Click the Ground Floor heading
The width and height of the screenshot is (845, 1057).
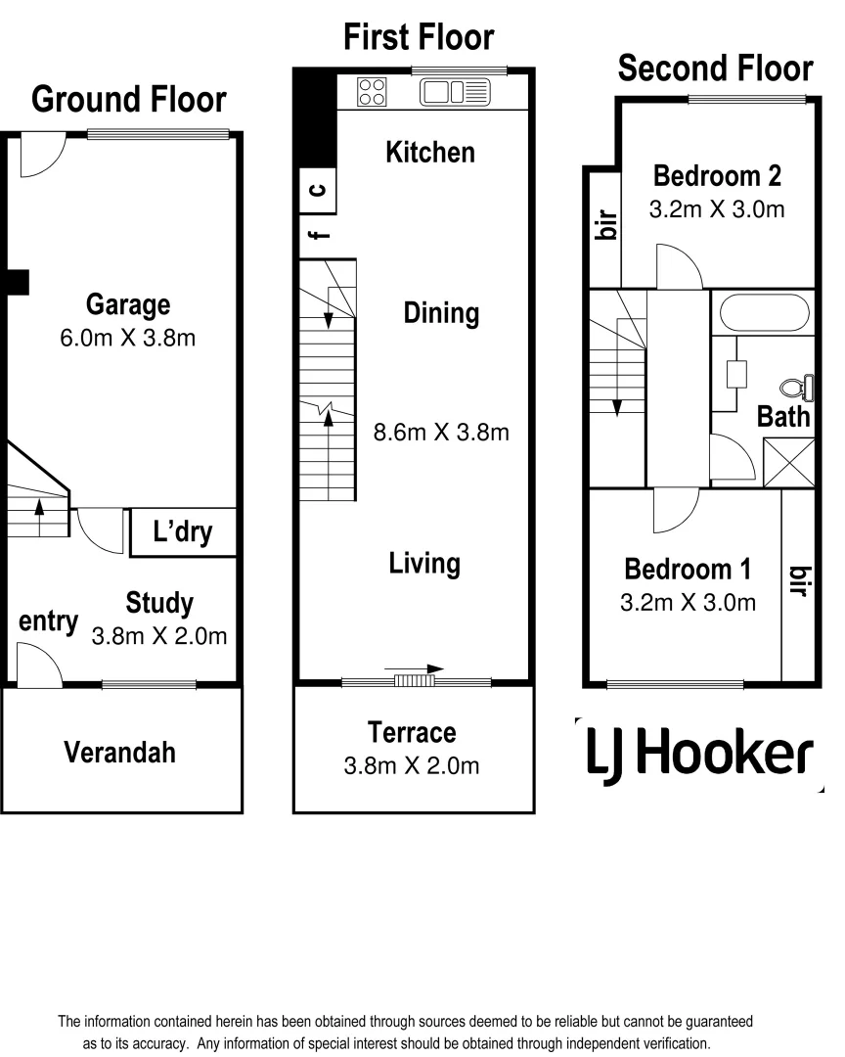128,100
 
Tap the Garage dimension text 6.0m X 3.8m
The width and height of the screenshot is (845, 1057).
128,339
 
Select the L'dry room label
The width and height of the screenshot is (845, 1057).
183,533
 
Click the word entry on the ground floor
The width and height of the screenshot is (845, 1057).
48,621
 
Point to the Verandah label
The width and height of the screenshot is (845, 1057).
120,752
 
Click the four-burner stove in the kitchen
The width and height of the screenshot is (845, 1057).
372,92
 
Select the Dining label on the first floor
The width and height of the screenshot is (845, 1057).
441,313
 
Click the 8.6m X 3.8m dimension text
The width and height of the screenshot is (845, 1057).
441,432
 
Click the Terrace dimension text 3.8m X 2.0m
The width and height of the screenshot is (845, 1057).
412,765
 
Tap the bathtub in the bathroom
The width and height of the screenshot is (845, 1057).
764,315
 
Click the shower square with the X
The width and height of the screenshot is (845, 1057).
787,460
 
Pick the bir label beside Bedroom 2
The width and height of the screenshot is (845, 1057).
604,227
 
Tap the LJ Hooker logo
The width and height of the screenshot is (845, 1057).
698,754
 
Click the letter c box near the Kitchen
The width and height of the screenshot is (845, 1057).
318,190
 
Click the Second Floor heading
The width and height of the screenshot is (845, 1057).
715,69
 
